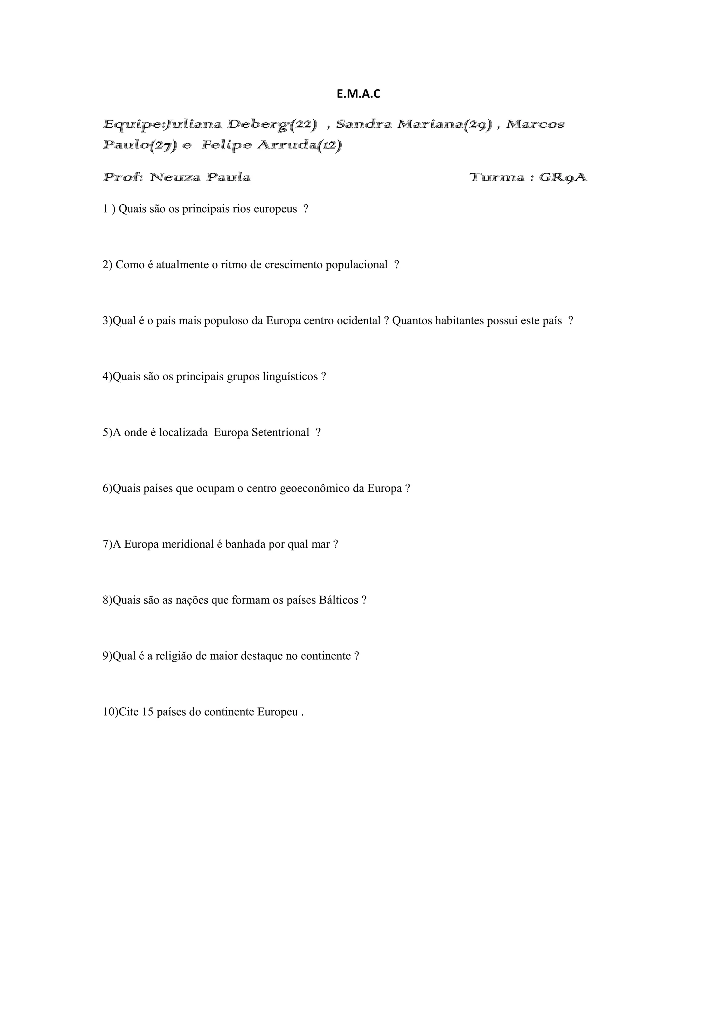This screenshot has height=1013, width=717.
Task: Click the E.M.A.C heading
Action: (358, 94)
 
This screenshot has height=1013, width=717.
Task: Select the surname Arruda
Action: (293, 145)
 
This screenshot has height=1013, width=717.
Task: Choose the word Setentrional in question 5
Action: (280, 432)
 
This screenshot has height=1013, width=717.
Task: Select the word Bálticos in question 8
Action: (338, 600)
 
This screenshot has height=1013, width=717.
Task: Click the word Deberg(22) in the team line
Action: (272, 125)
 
